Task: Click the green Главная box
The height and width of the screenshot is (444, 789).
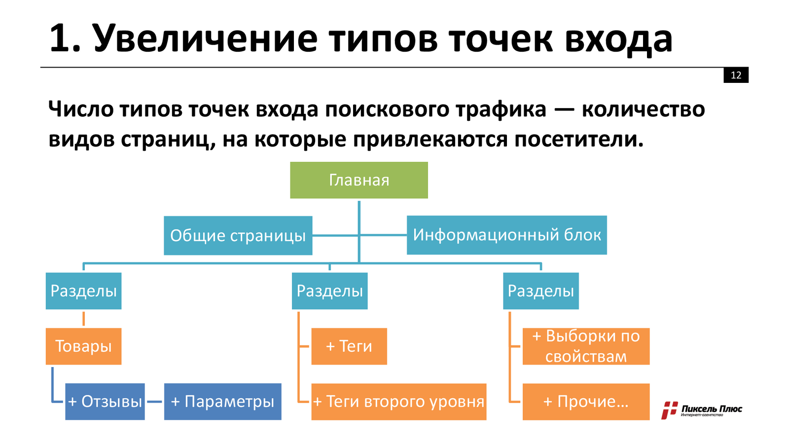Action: pos(359,180)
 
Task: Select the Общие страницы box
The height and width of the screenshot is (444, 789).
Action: pos(238,236)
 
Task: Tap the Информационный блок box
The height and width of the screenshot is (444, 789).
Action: pos(506,235)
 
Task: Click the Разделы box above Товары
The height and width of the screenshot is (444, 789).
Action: pos(83,291)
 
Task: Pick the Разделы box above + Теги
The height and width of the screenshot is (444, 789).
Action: pos(329,291)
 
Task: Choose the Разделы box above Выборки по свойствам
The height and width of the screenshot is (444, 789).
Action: pos(540,291)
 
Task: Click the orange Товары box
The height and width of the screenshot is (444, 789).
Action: pos(83,346)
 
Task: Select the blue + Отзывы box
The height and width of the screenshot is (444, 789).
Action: pos(105,402)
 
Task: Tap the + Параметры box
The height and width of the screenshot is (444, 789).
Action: pos(222,402)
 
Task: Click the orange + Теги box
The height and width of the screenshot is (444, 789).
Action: pos(349,346)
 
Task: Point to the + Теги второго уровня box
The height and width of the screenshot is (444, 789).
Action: pos(398,402)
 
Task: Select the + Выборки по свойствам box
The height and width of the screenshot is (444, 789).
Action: pos(586,346)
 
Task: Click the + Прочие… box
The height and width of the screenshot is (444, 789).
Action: pos(586,402)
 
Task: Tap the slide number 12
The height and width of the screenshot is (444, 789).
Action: pos(736,75)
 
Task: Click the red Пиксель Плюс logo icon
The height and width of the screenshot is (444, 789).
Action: pos(669,410)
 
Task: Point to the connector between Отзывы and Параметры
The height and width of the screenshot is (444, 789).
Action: pos(154,402)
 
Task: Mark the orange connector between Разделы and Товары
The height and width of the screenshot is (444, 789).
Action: pos(83,319)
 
